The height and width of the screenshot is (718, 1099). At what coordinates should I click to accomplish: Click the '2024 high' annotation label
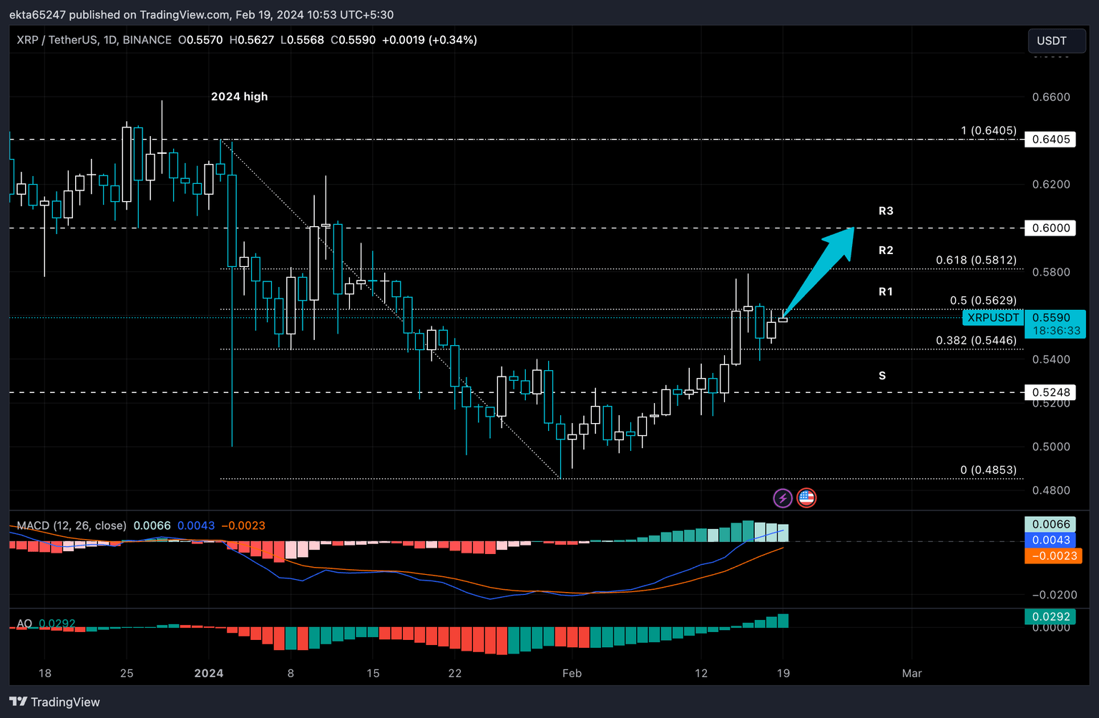click(x=239, y=97)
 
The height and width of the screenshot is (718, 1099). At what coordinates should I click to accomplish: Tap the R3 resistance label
click(x=886, y=211)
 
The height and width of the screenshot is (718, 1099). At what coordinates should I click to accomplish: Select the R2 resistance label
click(x=886, y=251)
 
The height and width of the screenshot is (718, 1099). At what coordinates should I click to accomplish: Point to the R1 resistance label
click(x=886, y=292)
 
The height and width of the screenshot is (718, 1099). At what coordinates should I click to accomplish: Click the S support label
click(x=882, y=376)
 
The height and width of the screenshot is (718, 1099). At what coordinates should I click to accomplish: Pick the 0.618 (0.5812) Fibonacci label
click(x=976, y=261)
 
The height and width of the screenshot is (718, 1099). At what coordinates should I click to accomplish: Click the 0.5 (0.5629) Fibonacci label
click(x=983, y=301)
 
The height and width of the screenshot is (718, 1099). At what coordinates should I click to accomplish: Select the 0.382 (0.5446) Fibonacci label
click(x=976, y=341)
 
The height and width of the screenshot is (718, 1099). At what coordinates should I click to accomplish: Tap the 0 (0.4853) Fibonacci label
click(x=988, y=470)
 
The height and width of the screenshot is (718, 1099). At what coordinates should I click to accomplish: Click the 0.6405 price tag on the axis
click(x=1051, y=140)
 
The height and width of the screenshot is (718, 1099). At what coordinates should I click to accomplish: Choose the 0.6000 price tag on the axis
click(x=1051, y=228)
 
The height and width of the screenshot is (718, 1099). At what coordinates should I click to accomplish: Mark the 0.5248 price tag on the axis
click(x=1051, y=392)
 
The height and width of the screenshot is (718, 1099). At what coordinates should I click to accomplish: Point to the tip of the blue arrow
click(x=853, y=228)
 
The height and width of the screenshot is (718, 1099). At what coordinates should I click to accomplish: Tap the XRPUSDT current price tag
click(x=993, y=318)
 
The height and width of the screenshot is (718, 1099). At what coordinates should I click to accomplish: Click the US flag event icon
click(x=806, y=498)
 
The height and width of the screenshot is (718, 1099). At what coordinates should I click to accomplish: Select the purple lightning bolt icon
click(x=783, y=498)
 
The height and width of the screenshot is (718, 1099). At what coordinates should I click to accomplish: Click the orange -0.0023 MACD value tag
click(x=1052, y=556)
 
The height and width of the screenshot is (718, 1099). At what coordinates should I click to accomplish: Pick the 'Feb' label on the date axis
click(x=572, y=674)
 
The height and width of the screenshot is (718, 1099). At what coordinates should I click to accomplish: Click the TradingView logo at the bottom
click(x=54, y=702)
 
